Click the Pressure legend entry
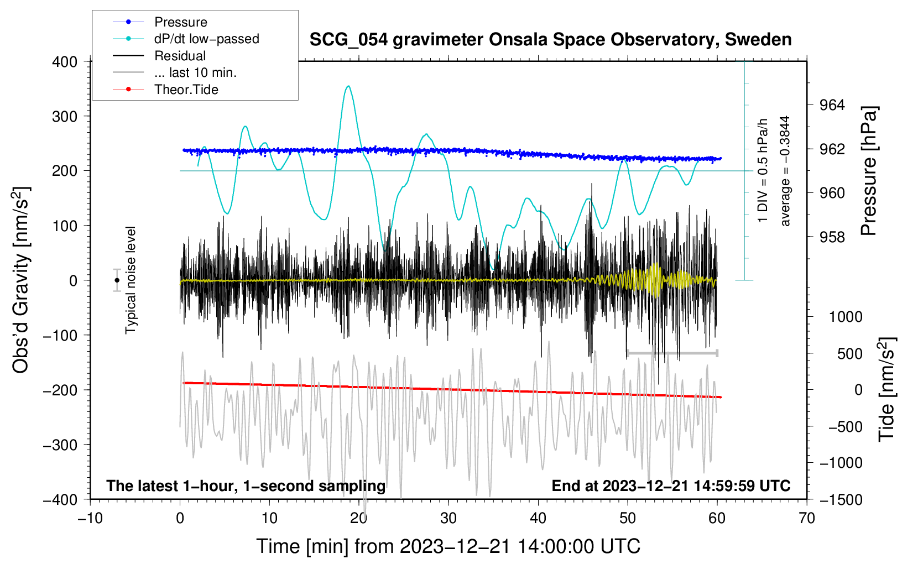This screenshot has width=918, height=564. pos(160,22)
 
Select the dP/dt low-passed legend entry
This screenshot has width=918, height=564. pos(186,39)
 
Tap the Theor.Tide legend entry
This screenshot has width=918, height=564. pos(165,90)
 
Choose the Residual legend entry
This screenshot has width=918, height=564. pos(159,55)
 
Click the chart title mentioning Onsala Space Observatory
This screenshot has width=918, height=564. pos(550,40)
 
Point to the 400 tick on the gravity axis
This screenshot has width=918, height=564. pos(64,62)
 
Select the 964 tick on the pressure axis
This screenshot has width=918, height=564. pos(832,106)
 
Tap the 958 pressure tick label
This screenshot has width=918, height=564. pos(832,237)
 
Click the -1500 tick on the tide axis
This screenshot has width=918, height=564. pos(841,500)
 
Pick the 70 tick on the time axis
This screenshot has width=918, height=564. pos(806,519)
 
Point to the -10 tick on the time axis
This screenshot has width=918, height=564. pos(90,519)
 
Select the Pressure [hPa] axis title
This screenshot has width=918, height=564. pos(868,171)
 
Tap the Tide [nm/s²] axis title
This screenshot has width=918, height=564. pos(886,389)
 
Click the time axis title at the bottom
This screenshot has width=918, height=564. pos(448,546)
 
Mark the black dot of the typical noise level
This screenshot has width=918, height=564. pos(117,280)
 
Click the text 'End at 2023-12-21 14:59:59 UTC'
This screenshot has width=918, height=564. pos(671,485)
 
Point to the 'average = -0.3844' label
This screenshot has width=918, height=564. pos(784,171)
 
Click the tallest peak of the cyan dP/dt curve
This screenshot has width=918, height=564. pos(348,86)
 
